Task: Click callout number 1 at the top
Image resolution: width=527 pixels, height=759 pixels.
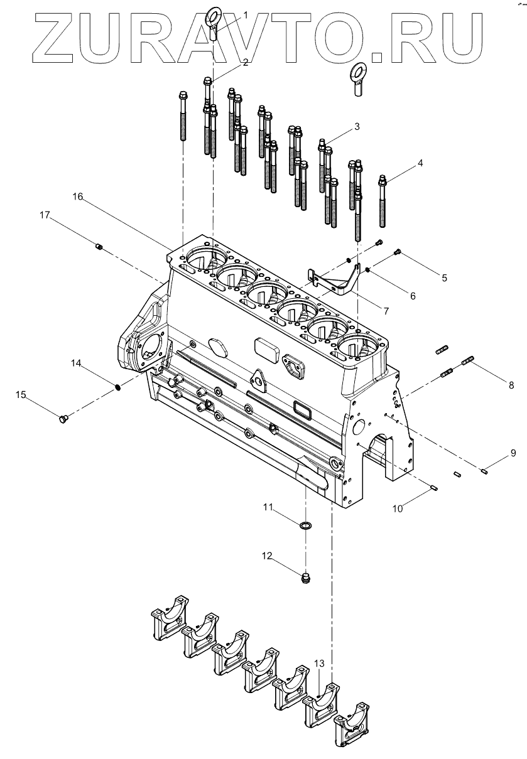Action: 246,14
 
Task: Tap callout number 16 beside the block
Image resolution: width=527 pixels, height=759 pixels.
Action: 78,196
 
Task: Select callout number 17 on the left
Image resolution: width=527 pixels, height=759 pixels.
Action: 45,215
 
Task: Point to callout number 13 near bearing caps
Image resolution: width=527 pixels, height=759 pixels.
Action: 319,664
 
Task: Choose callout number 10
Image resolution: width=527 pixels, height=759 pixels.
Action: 397,509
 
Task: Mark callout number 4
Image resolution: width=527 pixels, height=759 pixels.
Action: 420,163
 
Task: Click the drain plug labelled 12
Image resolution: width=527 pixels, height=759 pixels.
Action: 306,577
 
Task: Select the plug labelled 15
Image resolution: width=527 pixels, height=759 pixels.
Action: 62,419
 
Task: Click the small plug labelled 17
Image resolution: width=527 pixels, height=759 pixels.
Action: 99,247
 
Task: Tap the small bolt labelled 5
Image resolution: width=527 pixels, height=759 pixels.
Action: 397,252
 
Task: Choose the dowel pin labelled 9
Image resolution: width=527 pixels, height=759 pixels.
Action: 485,471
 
